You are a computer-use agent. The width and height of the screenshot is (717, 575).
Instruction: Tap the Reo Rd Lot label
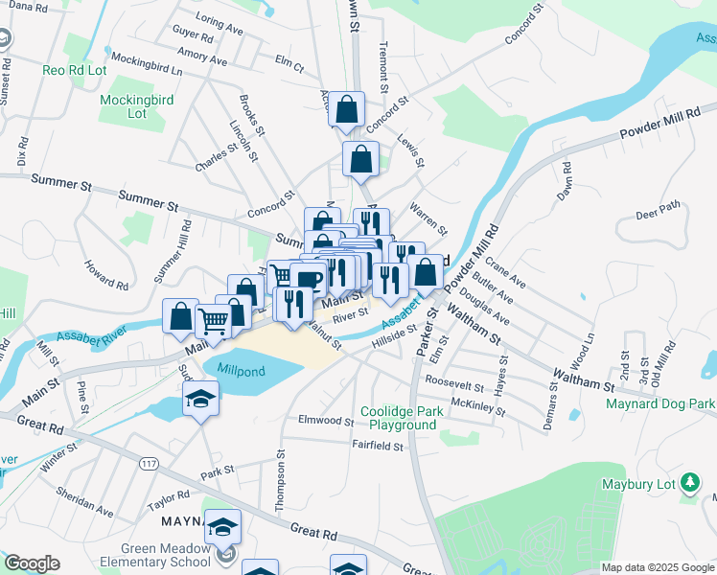[76, 70]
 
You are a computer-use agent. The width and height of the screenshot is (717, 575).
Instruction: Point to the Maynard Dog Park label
[659, 404]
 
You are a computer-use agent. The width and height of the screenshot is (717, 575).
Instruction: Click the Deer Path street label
[657, 207]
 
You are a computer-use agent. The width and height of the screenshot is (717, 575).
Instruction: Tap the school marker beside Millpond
[201, 399]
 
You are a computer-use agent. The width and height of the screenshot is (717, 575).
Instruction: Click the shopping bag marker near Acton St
[347, 110]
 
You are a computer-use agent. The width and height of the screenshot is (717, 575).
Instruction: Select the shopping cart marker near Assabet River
[214, 321]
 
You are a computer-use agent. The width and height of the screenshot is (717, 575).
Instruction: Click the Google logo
[32, 563]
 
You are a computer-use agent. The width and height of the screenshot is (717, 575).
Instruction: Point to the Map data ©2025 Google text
[657, 567]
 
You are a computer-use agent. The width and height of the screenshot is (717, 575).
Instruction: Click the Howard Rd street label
[105, 274]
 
